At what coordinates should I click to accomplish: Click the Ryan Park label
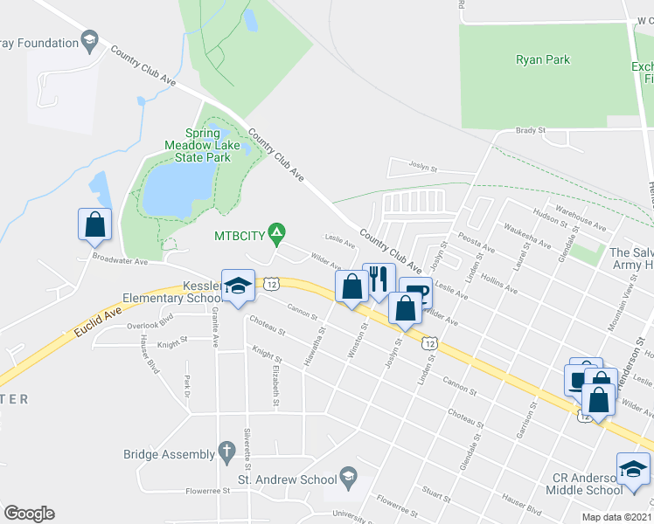pos(543,60)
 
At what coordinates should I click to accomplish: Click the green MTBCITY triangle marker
pos(276,232)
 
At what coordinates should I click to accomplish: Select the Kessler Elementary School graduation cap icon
pos(237,285)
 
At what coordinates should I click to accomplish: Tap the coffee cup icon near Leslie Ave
pos(414,293)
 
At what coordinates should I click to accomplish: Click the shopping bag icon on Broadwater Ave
pos(95,224)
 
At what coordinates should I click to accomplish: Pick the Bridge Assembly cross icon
pos(226,452)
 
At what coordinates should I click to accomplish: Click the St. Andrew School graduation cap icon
pos(348,476)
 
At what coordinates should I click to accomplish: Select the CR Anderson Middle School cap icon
pos(633,469)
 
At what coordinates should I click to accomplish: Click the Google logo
pos(29,514)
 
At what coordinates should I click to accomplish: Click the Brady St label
pos(530,130)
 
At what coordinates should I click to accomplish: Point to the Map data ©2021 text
pos(616,517)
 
